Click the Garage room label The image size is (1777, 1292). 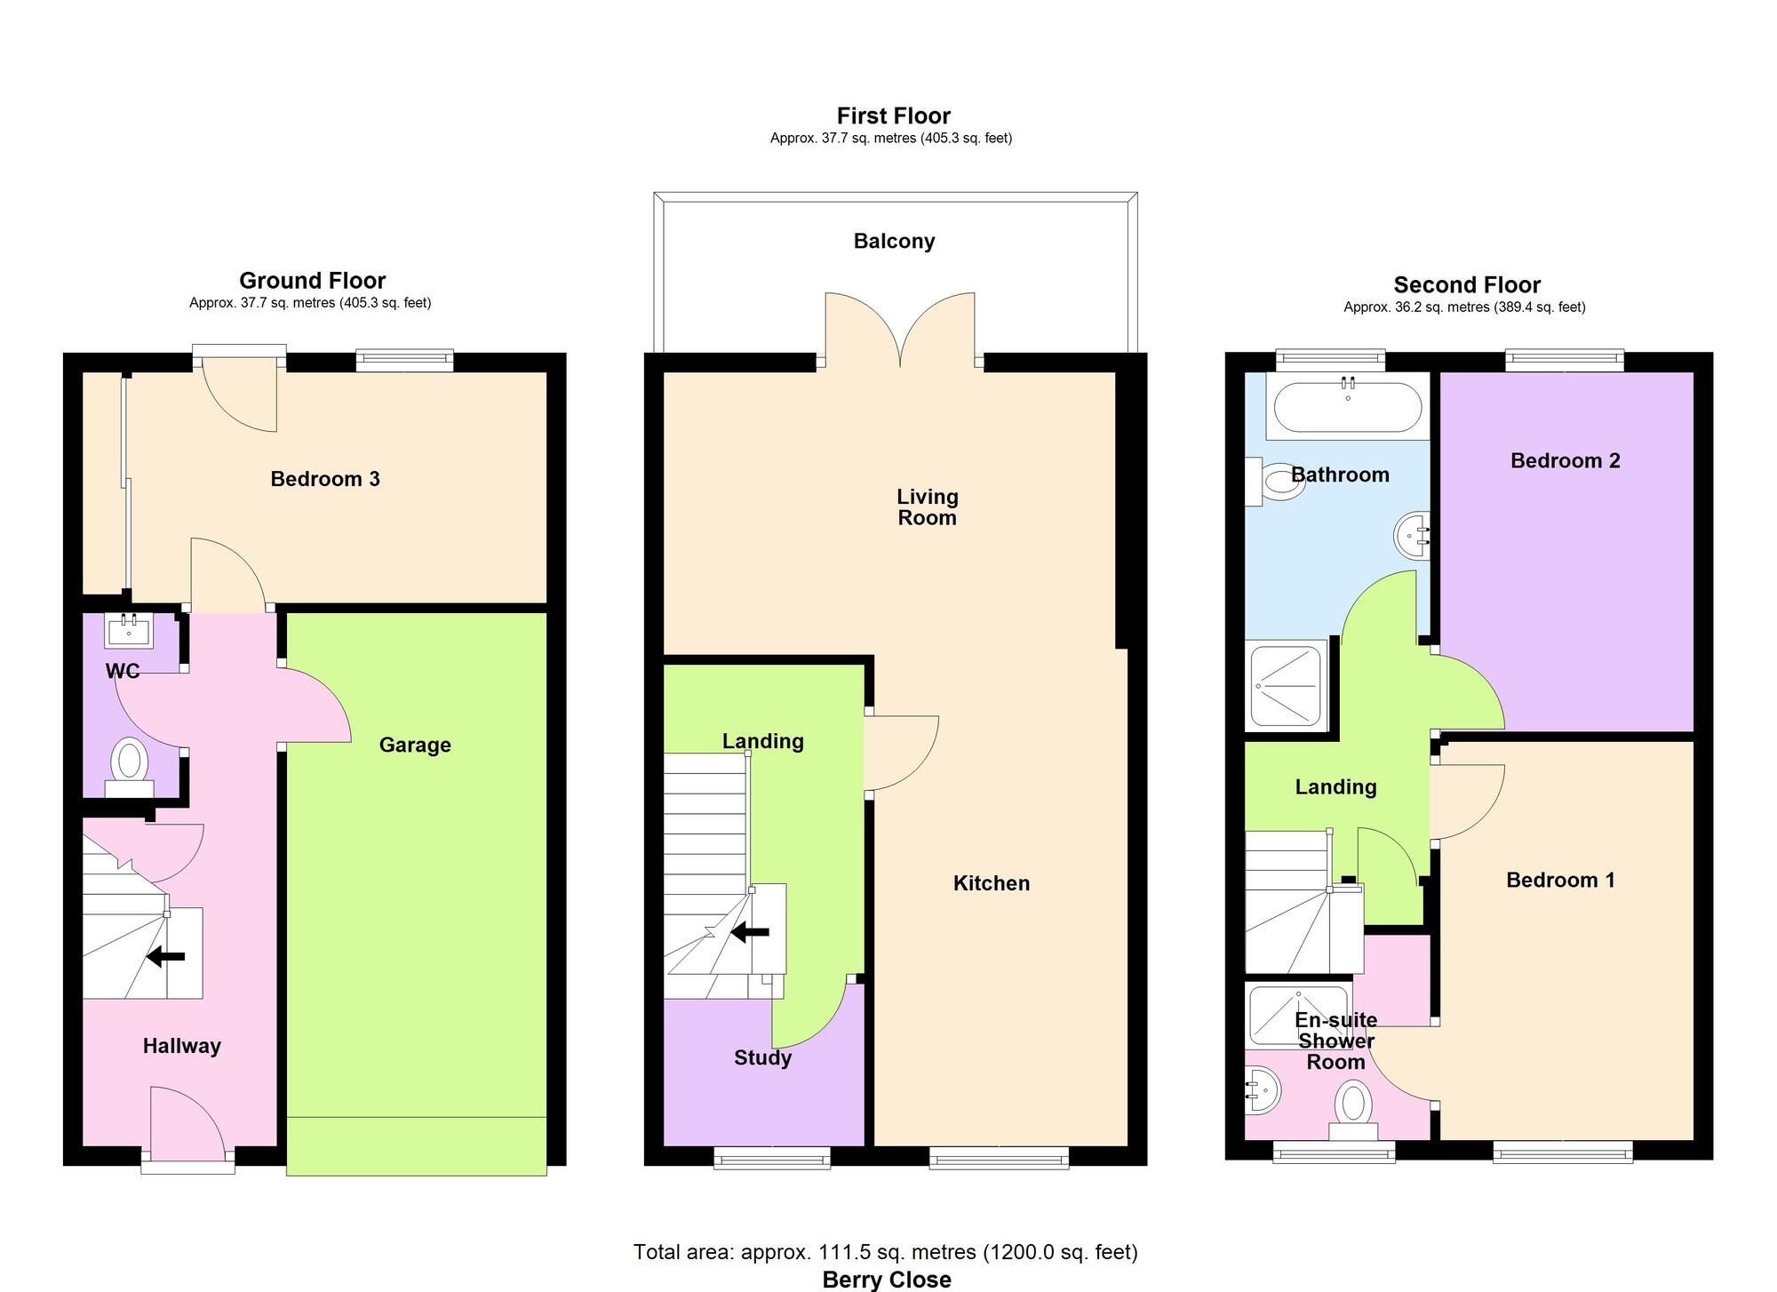(415, 745)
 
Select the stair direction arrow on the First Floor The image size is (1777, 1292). (750, 932)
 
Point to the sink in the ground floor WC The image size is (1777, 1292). (130, 632)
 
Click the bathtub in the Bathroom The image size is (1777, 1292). (1348, 408)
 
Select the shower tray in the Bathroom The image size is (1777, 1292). (1286, 685)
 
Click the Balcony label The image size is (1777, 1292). (894, 241)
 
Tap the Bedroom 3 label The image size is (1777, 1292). (325, 479)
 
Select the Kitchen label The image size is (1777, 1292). (992, 883)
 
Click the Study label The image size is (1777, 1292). (762, 1057)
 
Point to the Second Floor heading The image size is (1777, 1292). (1467, 285)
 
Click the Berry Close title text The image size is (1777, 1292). (887, 1280)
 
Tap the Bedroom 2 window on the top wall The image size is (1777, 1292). (1565, 360)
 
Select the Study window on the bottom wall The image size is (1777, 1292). (772, 1156)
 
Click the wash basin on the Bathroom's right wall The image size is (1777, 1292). (1412, 536)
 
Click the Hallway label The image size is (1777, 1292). (182, 1046)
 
